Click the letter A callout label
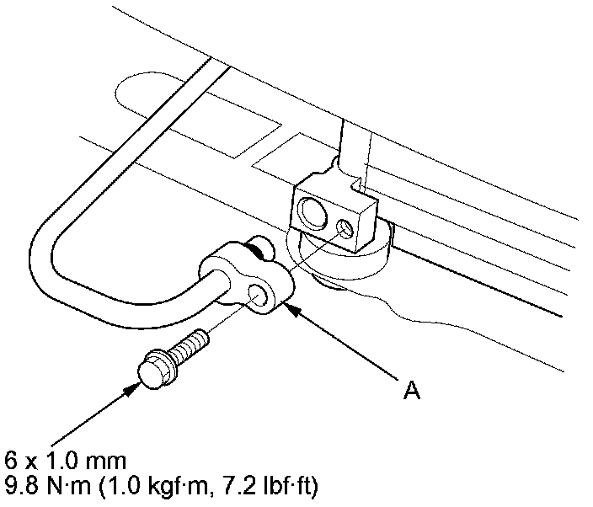pyautogui.click(x=410, y=392)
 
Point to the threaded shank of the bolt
pyautogui.click(x=193, y=344)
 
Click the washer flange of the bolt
pyautogui.click(x=163, y=361)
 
